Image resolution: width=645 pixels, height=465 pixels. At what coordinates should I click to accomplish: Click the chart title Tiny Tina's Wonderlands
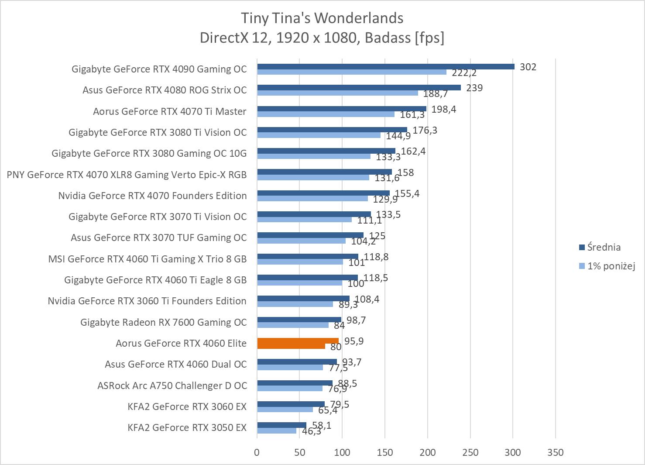[322, 18]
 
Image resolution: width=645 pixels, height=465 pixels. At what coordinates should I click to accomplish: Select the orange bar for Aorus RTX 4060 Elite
[298, 341]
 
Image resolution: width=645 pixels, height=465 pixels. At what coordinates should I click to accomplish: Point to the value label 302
[528, 67]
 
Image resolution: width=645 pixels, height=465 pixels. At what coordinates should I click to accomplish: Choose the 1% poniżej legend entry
[611, 266]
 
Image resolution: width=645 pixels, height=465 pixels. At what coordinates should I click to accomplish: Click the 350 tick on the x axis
[555, 452]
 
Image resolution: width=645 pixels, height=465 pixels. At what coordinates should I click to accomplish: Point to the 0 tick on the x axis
[257, 452]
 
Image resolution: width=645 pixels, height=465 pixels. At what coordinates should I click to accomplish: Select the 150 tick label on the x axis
[384, 452]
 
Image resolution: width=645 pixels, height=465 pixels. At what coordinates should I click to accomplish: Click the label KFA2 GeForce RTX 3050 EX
[187, 427]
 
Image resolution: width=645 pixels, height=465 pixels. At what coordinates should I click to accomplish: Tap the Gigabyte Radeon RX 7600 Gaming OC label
[164, 322]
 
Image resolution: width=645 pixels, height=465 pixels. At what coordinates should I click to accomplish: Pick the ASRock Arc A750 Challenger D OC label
[172, 386]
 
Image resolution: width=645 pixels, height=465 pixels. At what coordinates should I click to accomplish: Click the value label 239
[474, 88]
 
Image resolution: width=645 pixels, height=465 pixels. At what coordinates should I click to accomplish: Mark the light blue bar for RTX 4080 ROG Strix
[337, 93]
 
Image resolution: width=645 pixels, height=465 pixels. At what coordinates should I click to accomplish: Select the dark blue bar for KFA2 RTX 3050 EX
[281, 425]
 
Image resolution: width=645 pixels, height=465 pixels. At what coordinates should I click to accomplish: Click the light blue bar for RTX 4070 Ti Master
[326, 114]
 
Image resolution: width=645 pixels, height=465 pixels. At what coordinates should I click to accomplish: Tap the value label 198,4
[443, 109]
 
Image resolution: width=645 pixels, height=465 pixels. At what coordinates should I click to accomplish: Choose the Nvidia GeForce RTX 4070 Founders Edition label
[152, 196]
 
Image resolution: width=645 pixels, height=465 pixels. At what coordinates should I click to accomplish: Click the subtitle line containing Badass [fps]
[322, 38]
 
